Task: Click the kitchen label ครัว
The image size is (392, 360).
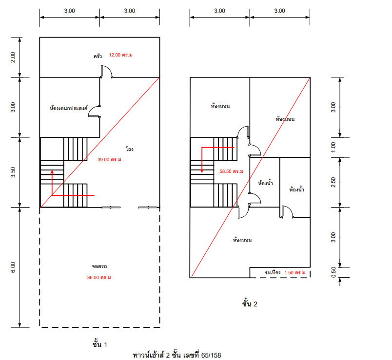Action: click(x=98, y=56)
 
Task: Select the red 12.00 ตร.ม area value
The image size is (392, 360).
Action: click(x=121, y=55)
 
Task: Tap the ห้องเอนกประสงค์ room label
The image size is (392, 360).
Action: click(x=69, y=108)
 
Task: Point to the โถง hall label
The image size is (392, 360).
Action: click(x=130, y=149)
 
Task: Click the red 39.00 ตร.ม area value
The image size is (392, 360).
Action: click(x=109, y=159)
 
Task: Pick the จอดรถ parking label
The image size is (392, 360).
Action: click(x=99, y=266)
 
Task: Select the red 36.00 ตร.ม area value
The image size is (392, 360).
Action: click(x=99, y=278)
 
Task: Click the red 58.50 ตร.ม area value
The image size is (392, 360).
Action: click(x=231, y=171)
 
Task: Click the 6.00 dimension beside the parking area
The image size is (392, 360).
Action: click(x=13, y=267)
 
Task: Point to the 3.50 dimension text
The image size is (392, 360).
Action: click(x=13, y=172)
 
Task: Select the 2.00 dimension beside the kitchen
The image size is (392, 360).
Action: click(x=13, y=57)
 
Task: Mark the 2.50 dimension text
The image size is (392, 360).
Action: click(x=333, y=182)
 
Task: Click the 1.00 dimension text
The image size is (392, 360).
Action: click(x=333, y=147)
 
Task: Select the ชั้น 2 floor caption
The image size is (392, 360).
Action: click(x=249, y=304)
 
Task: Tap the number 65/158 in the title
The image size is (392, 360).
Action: click(x=212, y=355)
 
